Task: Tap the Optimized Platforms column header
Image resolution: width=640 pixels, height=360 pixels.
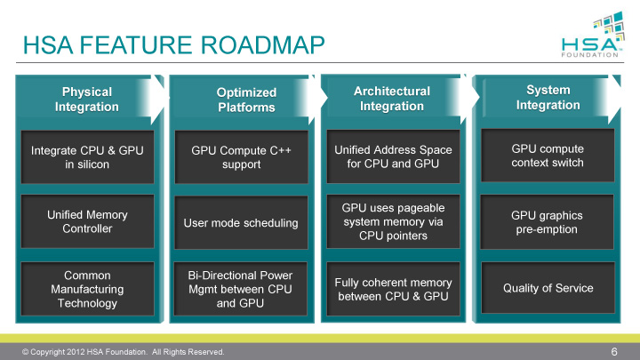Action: (x=246, y=100)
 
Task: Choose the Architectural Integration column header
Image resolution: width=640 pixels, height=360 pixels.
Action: (x=391, y=99)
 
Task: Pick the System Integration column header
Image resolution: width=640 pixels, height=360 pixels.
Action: (x=548, y=98)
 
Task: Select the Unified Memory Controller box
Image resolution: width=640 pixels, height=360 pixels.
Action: (x=87, y=222)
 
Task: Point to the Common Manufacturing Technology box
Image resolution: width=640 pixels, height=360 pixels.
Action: (x=87, y=289)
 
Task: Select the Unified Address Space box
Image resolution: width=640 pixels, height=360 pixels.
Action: (x=392, y=158)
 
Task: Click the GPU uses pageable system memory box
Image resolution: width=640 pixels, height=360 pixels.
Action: (x=392, y=221)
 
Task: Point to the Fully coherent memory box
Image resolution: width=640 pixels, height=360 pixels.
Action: (x=392, y=289)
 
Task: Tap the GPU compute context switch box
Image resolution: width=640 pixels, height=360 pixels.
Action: (x=548, y=156)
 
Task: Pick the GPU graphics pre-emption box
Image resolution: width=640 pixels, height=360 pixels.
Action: (x=548, y=221)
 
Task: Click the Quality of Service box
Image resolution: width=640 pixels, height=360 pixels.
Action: (x=548, y=287)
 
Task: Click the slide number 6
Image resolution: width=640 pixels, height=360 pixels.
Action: (x=613, y=351)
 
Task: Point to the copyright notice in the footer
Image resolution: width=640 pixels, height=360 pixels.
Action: (x=124, y=352)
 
